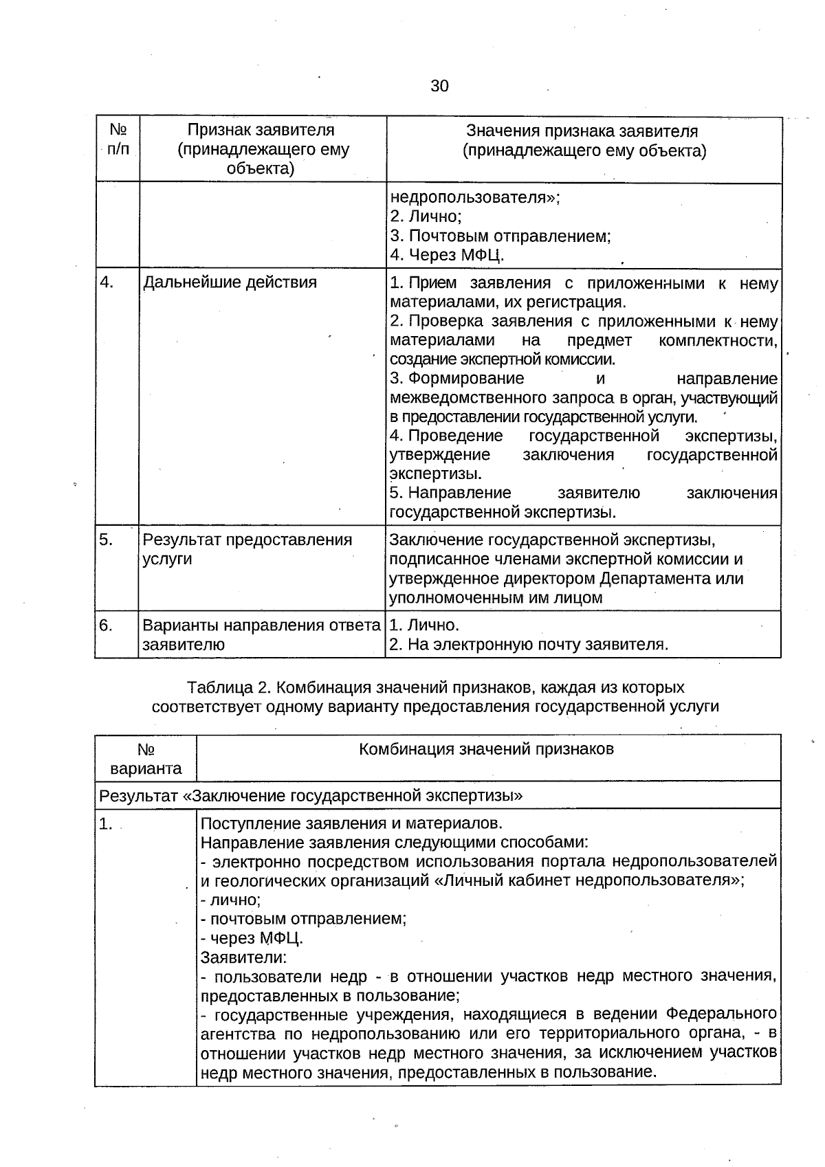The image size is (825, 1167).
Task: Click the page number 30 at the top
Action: (x=439, y=86)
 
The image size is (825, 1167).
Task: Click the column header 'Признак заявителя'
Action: (x=261, y=131)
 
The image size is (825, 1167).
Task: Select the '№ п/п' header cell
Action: (x=118, y=140)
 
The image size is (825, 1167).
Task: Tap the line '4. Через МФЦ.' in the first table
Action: (x=447, y=255)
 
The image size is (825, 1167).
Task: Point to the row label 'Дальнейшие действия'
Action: (x=230, y=282)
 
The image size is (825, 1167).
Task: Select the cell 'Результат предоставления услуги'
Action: (x=247, y=549)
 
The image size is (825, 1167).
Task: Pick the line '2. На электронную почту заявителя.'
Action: (x=529, y=645)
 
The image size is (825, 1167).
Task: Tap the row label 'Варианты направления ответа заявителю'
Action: (x=261, y=635)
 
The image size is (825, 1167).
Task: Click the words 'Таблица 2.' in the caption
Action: (x=222, y=687)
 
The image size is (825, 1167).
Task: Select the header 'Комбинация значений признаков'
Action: (x=486, y=749)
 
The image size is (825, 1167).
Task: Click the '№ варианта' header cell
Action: (x=146, y=758)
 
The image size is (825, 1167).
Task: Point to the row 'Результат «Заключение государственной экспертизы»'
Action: (x=311, y=796)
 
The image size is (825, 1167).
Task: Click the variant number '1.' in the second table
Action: (x=105, y=824)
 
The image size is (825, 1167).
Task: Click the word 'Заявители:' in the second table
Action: (x=243, y=957)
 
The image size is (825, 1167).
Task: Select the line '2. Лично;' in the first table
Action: (x=426, y=216)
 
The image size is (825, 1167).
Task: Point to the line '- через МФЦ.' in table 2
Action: (x=252, y=938)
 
